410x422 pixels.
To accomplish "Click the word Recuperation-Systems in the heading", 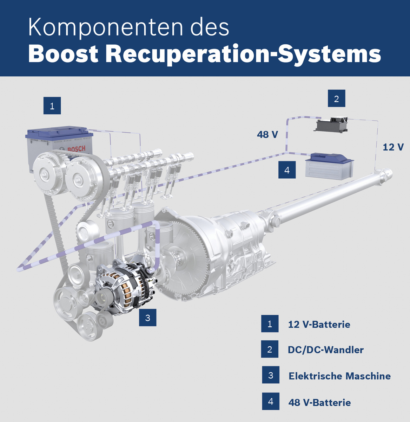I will point(243,54).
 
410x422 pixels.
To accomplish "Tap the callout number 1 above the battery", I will point(52,106).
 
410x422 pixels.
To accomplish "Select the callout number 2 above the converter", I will point(336,99).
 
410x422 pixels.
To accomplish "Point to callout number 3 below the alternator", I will point(147,318).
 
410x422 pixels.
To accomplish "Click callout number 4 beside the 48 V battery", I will point(287,170).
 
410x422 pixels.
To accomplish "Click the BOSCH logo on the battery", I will point(76,149).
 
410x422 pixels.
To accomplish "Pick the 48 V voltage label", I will point(267,134).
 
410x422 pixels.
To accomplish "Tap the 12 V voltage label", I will point(393,147).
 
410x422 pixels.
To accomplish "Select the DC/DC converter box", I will point(332,125).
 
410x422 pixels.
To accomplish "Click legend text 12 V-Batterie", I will point(319,324).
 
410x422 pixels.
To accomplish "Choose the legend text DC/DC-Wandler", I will point(325,350).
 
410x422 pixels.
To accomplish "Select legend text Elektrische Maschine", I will point(339,376).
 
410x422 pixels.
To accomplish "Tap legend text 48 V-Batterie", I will point(319,402).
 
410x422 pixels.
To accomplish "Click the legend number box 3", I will point(271,375).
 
